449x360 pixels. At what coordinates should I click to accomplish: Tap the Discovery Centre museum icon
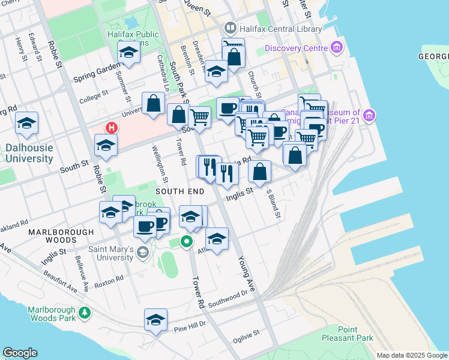pos(336,47)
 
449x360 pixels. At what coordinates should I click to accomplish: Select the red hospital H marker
pos(111,128)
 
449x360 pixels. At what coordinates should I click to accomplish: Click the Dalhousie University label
pos(29,153)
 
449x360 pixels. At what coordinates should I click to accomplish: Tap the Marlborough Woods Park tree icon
pos(85,312)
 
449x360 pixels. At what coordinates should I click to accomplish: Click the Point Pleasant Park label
pos(355,334)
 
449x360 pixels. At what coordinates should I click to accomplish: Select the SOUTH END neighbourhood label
pos(180,191)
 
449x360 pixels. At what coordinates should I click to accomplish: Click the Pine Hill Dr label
pos(189,327)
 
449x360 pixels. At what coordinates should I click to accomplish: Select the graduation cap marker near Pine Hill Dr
pos(155,319)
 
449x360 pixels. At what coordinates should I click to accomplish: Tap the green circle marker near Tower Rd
pos(186,242)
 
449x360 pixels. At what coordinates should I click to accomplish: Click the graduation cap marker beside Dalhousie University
pos(26,123)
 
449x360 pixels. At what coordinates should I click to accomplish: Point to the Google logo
pos(20,353)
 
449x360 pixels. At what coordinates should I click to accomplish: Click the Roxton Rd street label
pos(109,280)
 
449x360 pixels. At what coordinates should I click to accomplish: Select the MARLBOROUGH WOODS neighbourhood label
pos(61,236)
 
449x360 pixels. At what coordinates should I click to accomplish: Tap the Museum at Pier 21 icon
pos(369,114)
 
